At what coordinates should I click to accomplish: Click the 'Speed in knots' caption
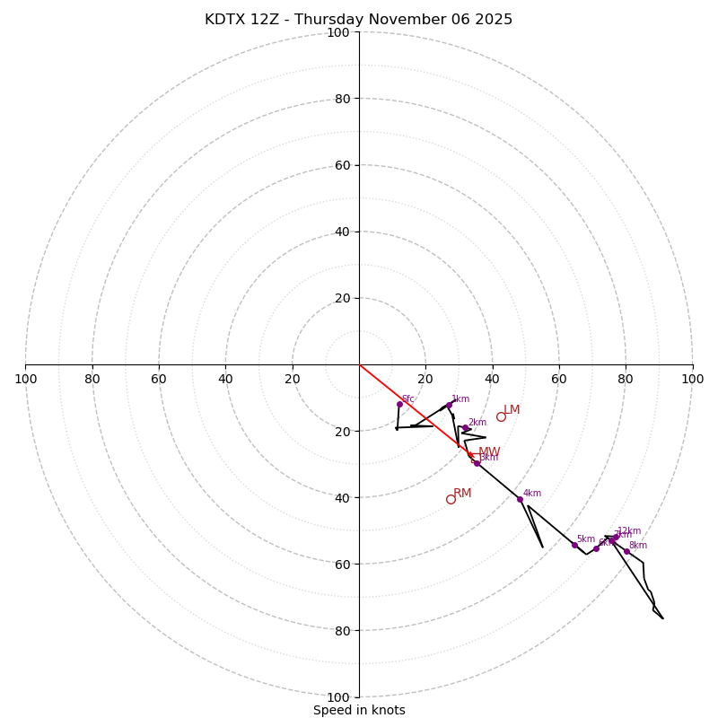[x=359, y=710]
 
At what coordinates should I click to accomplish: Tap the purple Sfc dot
[x=399, y=404]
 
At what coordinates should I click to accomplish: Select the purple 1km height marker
[x=449, y=405]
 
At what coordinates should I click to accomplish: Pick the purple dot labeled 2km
[x=465, y=428]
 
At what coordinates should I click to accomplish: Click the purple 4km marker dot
[x=520, y=499]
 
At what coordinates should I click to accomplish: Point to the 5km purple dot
[x=574, y=545]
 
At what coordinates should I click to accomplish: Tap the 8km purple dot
[x=626, y=551]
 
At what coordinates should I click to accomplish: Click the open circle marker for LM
[x=501, y=416]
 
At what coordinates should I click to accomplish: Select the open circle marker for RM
[x=451, y=499]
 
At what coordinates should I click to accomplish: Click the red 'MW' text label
[x=489, y=452]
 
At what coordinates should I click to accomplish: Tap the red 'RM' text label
[x=462, y=493]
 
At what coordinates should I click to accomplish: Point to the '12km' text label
[x=629, y=530]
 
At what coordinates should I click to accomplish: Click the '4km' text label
[x=532, y=493]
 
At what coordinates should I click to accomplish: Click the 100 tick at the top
[x=338, y=32]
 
